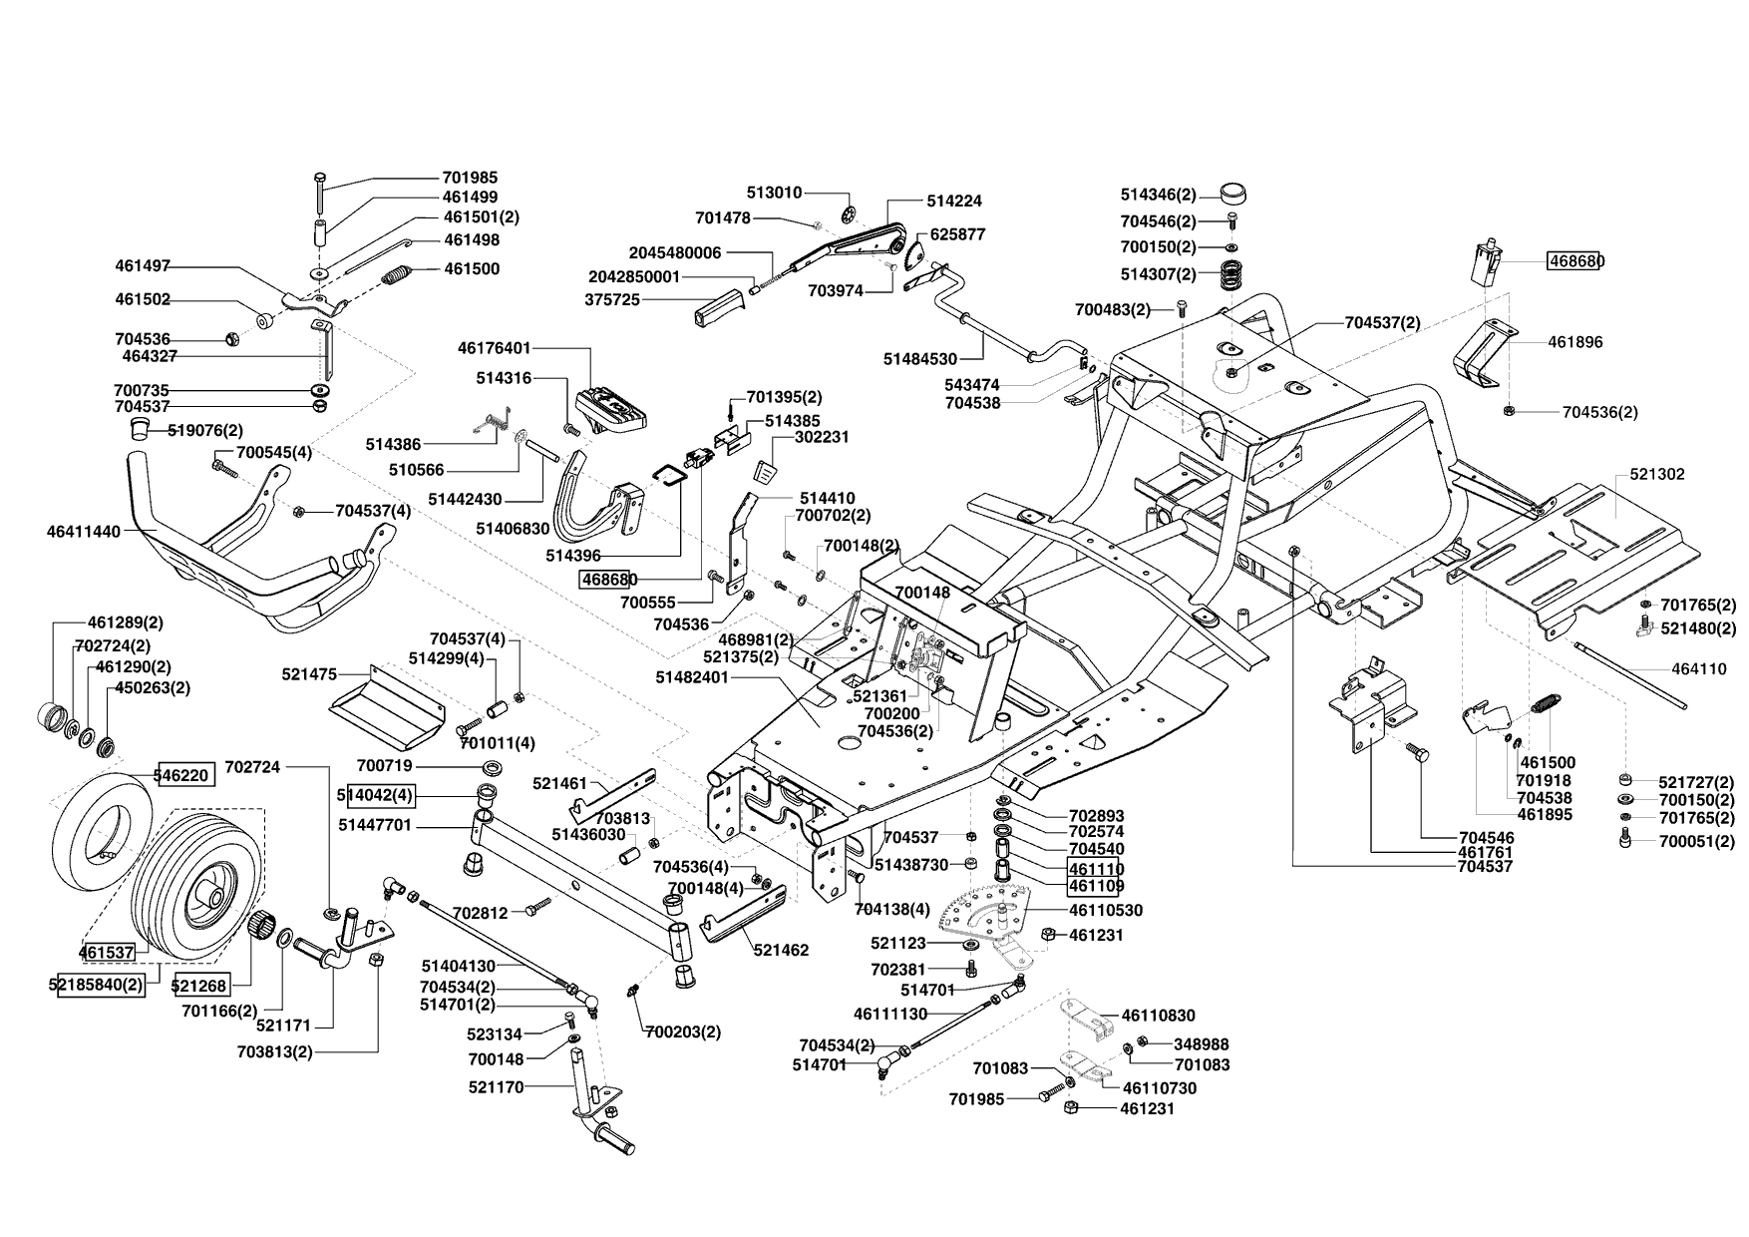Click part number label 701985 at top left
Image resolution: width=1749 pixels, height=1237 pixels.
[x=470, y=178]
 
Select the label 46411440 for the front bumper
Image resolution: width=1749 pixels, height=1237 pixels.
[x=83, y=532]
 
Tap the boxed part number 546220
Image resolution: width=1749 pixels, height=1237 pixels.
[x=184, y=773]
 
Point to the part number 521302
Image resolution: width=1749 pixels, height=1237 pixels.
[x=1657, y=474]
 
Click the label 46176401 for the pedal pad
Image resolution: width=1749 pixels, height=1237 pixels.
[x=495, y=348]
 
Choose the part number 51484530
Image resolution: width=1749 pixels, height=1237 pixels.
[x=920, y=358]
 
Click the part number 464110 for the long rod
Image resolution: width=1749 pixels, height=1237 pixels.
[x=1699, y=669]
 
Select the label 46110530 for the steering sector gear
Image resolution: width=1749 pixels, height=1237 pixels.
[x=1106, y=911]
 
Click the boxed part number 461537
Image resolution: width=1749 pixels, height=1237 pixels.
[x=107, y=952]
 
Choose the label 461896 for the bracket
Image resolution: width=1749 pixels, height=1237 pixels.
[x=1575, y=341]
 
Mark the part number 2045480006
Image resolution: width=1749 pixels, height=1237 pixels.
[x=675, y=252]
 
